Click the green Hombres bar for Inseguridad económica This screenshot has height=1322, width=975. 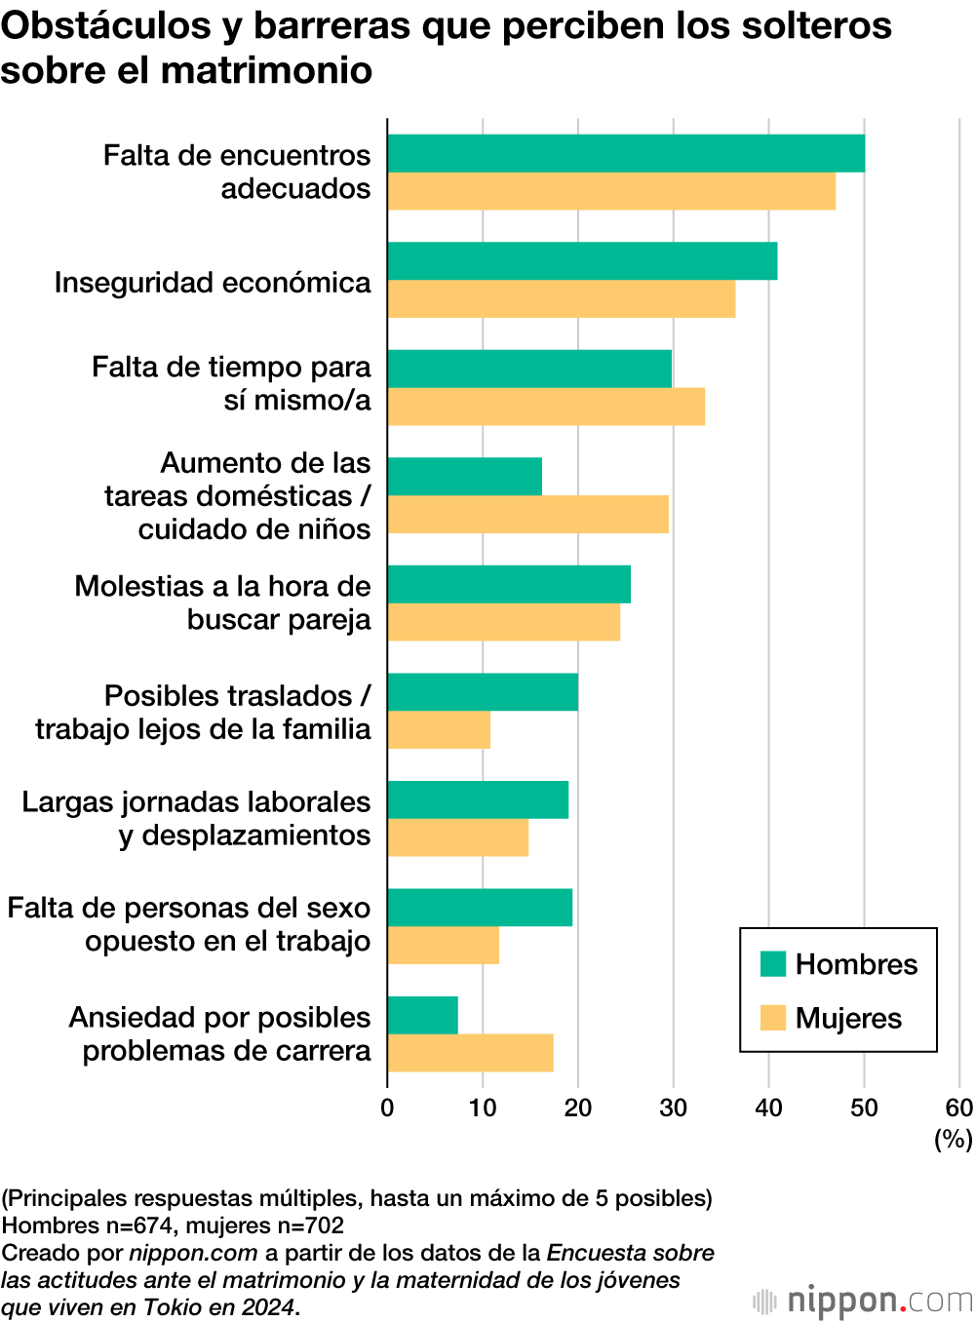(582, 261)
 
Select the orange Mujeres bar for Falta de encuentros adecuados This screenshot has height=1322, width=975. (611, 191)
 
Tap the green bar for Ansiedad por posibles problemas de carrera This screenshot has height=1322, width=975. (422, 1015)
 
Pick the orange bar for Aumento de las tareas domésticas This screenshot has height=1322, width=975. (527, 515)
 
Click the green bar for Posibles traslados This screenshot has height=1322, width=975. (483, 692)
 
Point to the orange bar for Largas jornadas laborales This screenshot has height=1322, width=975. (458, 837)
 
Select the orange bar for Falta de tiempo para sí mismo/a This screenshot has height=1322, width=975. (546, 407)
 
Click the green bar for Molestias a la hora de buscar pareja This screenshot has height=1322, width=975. (509, 584)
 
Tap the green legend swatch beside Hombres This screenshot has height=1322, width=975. (773, 964)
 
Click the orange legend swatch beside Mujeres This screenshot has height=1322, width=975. (773, 1018)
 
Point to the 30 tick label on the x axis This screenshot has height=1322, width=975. (673, 1108)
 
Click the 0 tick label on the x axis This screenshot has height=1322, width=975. (387, 1108)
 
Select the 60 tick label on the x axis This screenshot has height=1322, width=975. (959, 1108)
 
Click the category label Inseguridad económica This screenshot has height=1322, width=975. (213, 283)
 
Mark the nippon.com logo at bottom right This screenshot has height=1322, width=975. (864, 1301)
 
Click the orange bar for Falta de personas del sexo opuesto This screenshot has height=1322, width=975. (444, 946)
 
